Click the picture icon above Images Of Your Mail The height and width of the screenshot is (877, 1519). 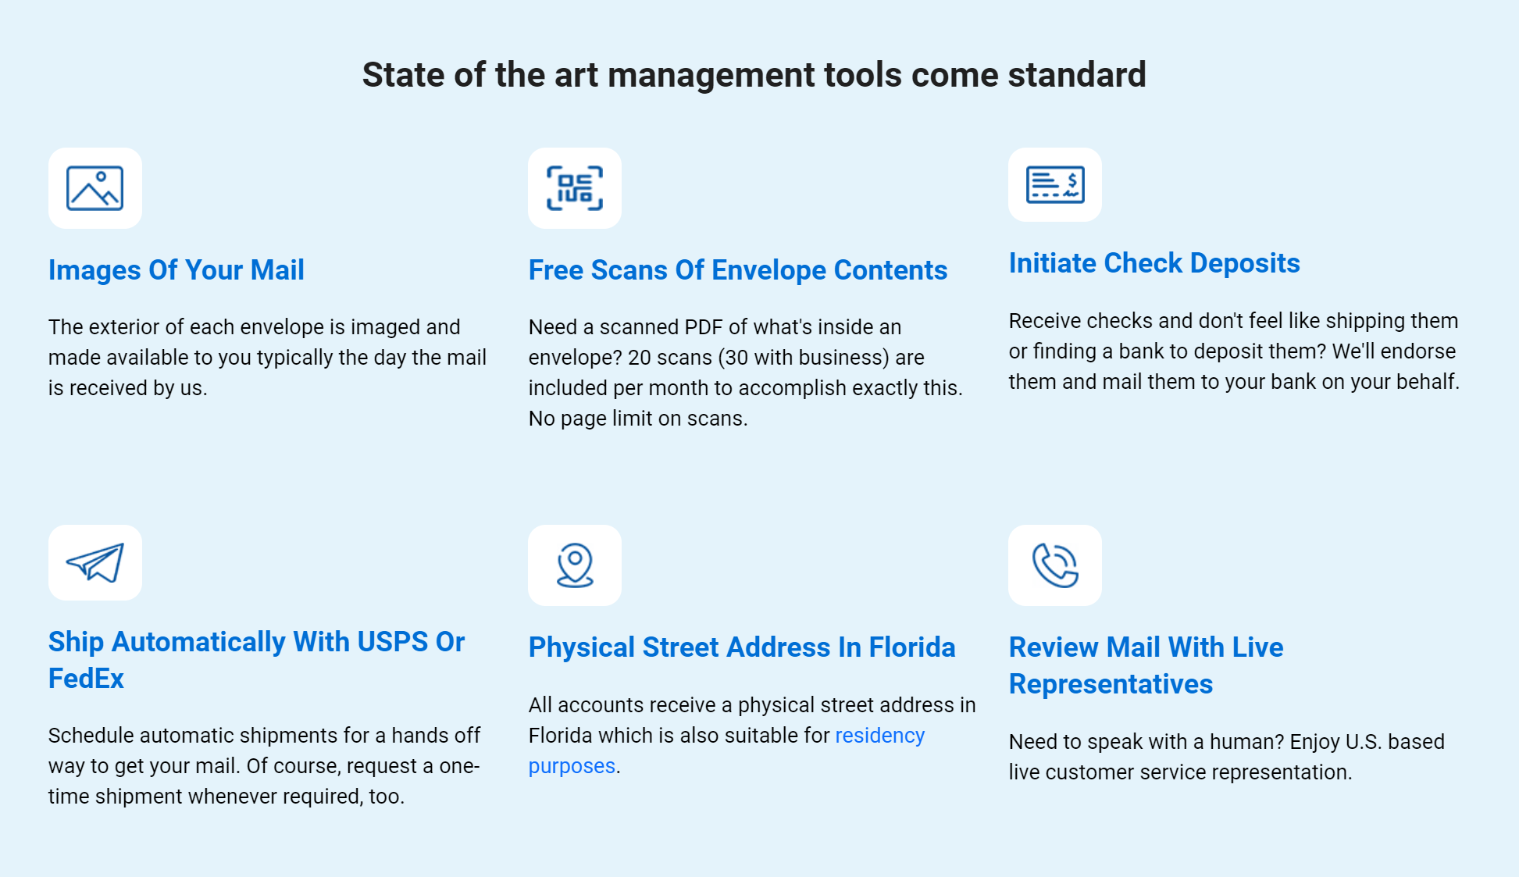pos(94,188)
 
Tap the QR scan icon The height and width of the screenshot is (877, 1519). pos(575,188)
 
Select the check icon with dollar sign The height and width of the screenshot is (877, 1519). pos(1055,185)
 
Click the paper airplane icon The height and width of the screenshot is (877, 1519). pos(95,562)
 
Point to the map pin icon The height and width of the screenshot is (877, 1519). pos(575,565)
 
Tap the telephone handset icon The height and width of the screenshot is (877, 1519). pos(1055,565)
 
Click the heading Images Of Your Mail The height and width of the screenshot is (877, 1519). pos(177,270)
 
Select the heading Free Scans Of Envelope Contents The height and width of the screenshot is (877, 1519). pos(738,270)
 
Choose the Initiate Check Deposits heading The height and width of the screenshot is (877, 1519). pos(1154,263)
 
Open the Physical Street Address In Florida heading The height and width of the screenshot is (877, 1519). pos(742,647)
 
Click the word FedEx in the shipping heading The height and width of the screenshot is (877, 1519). pos(86,679)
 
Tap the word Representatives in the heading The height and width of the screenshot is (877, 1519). pos(1111,684)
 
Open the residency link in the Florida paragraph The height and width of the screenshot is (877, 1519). pos(879,736)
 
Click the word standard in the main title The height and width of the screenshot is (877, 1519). pos(1077,75)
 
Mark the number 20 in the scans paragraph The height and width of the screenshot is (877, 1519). pos(640,358)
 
